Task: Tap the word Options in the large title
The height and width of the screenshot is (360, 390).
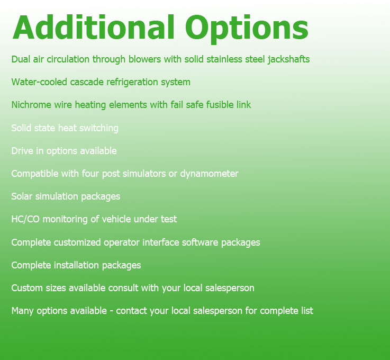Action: (247, 29)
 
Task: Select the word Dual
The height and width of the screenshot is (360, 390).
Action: (21, 59)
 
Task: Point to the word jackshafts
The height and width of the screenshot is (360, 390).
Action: (288, 60)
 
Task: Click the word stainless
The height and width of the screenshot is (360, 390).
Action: (224, 59)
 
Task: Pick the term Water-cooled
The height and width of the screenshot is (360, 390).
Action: (39, 82)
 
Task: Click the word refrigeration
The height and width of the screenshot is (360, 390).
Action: (132, 83)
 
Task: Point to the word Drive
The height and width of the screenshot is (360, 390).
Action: (22, 151)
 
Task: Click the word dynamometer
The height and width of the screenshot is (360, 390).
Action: (209, 174)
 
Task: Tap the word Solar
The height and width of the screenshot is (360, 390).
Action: (22, 196)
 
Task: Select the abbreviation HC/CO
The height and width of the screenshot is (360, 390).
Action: (25, 219)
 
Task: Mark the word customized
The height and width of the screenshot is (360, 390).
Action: (77, 242)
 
